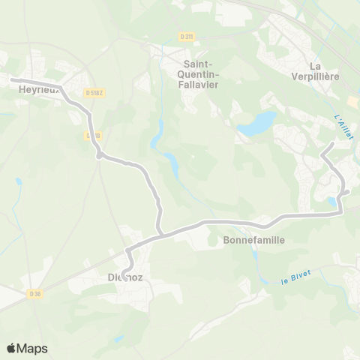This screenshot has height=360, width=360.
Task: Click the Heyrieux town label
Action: pos(33,89)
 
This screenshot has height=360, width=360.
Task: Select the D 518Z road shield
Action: pos(94,92)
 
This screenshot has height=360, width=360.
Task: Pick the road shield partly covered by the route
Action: pos(92,136)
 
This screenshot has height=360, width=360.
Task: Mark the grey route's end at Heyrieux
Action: pos(11,79)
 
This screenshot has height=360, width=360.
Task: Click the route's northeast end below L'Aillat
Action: pos(333,142)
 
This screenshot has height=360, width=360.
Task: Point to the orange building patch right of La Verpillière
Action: pos(352,100)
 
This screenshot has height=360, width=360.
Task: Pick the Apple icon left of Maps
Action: pos(11,347)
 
